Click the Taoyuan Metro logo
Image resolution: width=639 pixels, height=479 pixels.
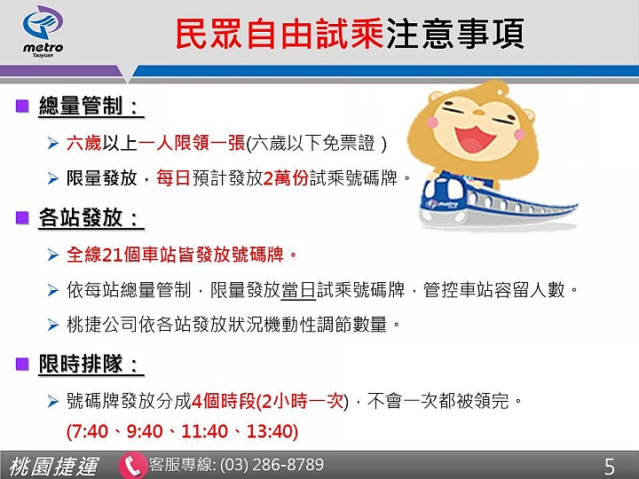click(43, 31)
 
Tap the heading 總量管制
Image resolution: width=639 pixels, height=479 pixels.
click(81, 106)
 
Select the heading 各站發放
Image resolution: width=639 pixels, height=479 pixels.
click(81, 217)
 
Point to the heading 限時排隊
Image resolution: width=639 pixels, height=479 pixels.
click(81, 364)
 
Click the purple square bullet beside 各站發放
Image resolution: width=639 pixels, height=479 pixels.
click(22, 217)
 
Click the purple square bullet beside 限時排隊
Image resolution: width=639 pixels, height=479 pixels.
click(22, 364)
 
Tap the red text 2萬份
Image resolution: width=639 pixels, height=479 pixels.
click(286, 178)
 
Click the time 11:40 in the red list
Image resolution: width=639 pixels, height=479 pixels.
click(205, 431)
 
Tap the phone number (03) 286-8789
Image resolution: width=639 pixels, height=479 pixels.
click(272, 465)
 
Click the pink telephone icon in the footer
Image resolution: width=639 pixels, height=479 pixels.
click(132, 465)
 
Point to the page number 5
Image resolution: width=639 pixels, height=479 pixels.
click(609, 467)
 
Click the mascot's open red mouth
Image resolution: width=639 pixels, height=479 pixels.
click(475, 138)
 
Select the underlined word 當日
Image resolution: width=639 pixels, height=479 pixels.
click(299, 290)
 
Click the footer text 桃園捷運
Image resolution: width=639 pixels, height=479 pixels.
click(53, 467)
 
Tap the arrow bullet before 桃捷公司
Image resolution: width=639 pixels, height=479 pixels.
click(53, 325)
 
